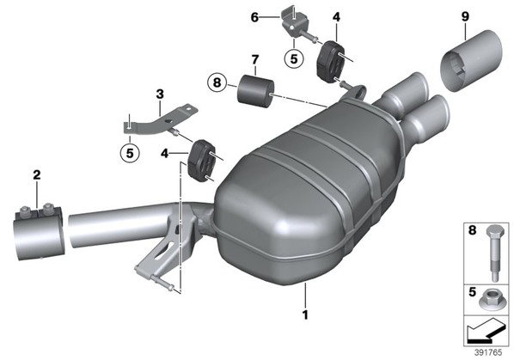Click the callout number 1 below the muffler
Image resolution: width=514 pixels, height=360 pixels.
[305, 314]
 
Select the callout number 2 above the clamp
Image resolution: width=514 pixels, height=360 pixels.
[37, 174]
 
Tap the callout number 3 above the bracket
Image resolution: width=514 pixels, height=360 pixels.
[160, 95]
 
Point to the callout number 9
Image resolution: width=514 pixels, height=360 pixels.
[466, 16]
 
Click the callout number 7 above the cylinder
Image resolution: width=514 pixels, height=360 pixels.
[255, 60]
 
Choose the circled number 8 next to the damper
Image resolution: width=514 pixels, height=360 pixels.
[217, 82]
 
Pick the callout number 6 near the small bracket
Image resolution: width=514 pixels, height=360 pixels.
[254, 17]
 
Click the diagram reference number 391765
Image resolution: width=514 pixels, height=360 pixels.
[488, 352]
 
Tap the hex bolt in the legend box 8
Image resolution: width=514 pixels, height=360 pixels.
[493, 253]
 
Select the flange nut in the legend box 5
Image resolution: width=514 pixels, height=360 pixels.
[489, 301]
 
